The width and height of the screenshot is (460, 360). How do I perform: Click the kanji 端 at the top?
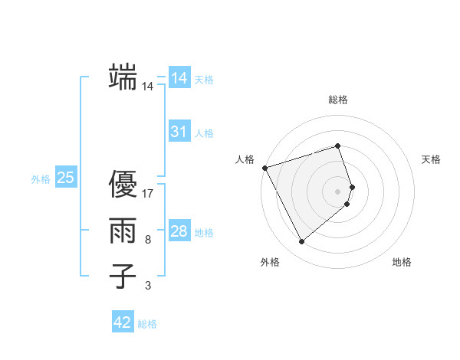123,77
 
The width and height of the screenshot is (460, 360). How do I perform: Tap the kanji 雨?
123,231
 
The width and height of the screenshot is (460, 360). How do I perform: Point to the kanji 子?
123,276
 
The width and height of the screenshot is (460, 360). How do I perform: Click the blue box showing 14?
179,78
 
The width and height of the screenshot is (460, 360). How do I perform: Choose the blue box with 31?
179,132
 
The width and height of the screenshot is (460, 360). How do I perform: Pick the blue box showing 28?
179,231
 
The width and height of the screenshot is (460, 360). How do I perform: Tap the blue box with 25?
65,178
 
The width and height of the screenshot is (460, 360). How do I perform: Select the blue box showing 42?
123,322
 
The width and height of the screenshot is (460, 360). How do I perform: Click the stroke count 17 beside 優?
148,193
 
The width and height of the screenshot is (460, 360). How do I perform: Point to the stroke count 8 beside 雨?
147,240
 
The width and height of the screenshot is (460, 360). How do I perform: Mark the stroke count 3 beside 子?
147,286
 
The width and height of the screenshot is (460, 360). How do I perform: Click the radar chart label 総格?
338,100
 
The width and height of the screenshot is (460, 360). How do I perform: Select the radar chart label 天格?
432,159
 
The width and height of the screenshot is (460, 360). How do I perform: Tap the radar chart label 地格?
402,262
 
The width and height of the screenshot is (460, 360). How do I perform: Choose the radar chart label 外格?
270,262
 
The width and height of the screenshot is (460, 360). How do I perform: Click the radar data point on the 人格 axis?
264,167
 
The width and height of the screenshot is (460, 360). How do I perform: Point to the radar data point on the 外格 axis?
301,242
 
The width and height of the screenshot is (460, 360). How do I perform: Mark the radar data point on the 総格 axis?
338,146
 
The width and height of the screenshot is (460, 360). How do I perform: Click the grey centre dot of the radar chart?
338,191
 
